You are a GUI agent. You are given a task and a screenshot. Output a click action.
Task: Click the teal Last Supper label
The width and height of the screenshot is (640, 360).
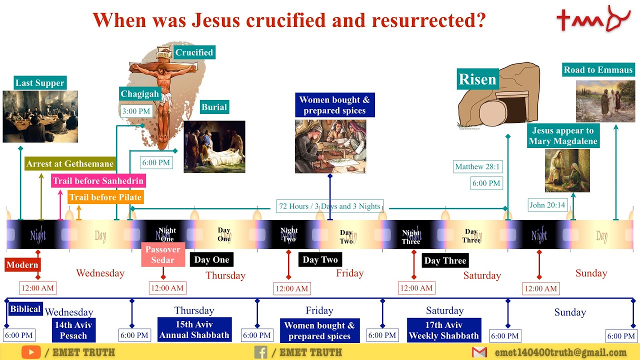pos(40,83)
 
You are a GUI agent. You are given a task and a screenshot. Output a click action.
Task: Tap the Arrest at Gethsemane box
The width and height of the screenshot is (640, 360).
pos(70,164)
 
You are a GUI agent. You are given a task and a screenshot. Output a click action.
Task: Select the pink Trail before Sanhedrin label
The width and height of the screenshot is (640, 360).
pos(98,181)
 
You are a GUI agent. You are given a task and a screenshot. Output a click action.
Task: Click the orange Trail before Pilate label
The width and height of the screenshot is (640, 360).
pos(105,197)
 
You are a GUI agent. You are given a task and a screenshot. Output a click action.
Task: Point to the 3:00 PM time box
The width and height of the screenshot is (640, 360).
pos(136,111)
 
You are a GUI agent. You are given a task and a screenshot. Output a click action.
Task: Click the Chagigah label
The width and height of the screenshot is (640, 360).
pos(140,93)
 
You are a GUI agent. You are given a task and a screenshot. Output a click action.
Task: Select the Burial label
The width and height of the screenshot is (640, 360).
pos(214,107)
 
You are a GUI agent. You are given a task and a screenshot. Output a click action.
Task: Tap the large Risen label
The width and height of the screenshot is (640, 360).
pos(477,79)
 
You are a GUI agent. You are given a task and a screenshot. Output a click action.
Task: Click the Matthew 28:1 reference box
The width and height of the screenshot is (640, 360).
pos(477,167)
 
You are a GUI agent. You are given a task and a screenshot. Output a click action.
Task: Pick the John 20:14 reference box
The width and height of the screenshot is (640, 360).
pos(547,205)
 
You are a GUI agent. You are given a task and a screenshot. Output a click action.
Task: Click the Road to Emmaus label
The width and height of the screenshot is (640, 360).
pos(598,70)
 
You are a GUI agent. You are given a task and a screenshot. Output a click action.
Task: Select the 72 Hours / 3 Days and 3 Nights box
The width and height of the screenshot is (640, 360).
pos(329,206)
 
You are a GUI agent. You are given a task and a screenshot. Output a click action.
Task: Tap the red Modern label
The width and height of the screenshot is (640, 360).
pos(22,265)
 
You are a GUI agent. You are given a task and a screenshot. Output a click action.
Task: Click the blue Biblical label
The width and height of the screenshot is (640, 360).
pos(25,309)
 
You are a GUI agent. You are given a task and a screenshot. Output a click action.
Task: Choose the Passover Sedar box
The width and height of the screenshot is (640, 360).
pos(163,254)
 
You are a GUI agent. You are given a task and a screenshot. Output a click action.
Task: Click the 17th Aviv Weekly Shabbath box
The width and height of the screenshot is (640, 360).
pos(444,330)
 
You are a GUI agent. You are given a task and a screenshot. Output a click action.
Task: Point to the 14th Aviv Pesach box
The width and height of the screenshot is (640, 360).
pos(73,330)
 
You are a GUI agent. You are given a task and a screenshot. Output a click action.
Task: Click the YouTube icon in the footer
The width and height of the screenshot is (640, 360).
pos(30,352)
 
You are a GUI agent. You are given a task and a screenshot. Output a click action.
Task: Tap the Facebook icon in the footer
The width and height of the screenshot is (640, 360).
pos(260,352)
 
